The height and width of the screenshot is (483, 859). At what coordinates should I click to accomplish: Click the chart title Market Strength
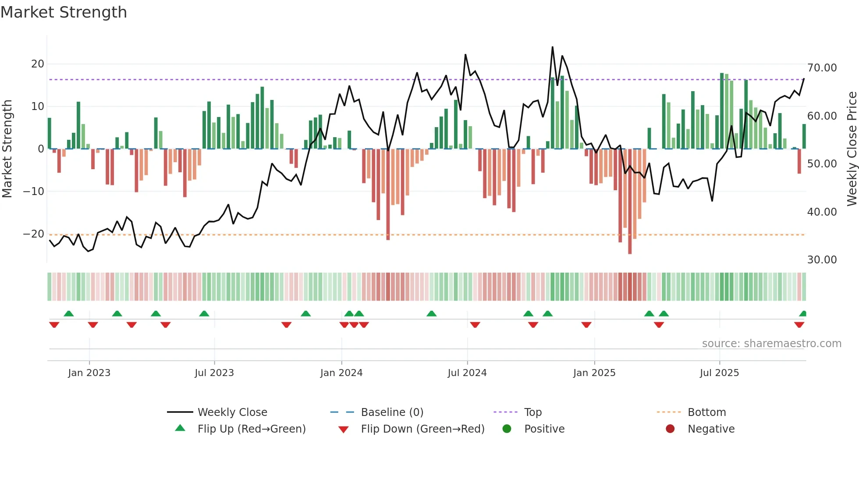tap(64, 12)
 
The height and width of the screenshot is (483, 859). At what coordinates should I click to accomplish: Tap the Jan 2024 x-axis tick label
tap(341, 373)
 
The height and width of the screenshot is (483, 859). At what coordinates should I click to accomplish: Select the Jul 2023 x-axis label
tap(214, 373)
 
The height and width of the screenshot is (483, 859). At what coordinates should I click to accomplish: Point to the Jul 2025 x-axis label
tap(719, 373)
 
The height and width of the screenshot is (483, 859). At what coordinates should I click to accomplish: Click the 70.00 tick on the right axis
tap(822, 68)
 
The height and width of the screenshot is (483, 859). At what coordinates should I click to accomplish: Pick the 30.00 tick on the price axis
tap(822, 260)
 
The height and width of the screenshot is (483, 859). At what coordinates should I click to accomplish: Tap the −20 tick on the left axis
tap(34, 234)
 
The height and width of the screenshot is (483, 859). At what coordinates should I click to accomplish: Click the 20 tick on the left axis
tap(38, 64)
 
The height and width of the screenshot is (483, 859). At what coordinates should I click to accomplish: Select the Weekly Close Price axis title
tap(852, 149)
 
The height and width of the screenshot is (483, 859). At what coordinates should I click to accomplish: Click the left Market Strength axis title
tap(7, 149)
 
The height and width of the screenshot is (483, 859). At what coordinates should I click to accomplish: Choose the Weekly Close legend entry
tap(232, 412)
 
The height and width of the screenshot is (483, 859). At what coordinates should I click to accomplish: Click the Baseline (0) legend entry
tap(392, 412)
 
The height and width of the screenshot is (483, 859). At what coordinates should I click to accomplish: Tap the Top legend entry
tap(533, 412)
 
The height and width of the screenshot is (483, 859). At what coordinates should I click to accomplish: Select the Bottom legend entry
tap(706, 412)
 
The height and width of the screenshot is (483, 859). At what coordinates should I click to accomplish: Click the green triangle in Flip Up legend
tap(180, 428)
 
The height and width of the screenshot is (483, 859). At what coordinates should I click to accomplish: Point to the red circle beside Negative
tap(670, 429)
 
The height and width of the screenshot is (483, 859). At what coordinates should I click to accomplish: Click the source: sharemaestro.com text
tap(771, 344)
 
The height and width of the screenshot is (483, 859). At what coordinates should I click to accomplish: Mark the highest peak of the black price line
tap(552, 47)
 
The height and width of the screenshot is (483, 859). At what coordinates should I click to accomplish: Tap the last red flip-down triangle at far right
tap(799, 325)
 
